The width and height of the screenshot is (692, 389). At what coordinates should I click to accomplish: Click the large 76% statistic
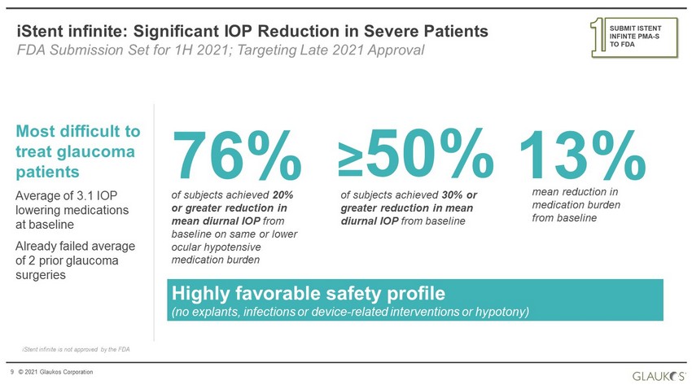tap(237, 155)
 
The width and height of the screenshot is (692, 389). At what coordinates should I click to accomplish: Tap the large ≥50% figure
tap(416, 154)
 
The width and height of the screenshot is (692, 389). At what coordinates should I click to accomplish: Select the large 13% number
tap(583, 155)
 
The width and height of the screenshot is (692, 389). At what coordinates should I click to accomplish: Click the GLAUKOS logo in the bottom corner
tap(659, 376)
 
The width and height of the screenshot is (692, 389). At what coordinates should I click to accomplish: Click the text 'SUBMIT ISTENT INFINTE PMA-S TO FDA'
tap(635, 36)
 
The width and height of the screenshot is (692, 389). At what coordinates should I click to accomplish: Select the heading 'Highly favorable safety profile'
tap(308, 293)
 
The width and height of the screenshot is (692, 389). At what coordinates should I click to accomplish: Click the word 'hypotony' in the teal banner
tap(501, 312)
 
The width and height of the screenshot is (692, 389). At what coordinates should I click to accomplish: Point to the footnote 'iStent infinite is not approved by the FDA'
tap(76, 349)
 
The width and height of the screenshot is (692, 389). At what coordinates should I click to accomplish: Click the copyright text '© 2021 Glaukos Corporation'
tap(55, 372)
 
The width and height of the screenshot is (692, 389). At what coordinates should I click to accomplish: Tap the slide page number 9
tap(12, 372)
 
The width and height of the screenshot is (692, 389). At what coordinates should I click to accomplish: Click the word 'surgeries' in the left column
tap(41, 275)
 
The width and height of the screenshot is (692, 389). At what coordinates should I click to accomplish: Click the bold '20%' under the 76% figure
tap(282, 195)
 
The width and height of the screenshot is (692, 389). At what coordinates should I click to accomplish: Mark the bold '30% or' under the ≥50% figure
tap(459, 195)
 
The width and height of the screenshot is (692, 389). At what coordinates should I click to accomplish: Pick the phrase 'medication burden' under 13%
tap(576, 204)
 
